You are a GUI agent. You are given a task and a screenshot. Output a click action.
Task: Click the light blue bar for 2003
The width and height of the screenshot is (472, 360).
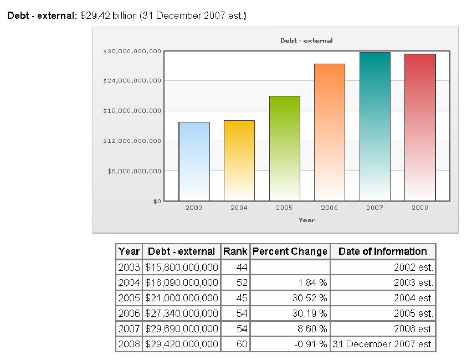click(194, 161)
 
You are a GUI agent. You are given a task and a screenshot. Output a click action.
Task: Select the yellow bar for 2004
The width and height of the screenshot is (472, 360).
click(239, 160)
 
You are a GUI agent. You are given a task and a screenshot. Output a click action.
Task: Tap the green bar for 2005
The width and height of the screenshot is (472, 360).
click(285, 148)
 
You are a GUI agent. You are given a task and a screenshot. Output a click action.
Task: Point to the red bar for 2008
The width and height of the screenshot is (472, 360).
click(420, 127)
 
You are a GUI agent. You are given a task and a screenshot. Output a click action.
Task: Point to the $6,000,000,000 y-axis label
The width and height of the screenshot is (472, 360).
click(134, 171)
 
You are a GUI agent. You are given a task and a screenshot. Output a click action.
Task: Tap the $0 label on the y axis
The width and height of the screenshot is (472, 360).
click(157, 201)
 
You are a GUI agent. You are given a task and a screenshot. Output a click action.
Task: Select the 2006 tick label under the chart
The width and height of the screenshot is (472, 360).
click(330, 208)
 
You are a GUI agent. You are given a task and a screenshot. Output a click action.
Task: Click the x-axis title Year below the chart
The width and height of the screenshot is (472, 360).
click(306, 220)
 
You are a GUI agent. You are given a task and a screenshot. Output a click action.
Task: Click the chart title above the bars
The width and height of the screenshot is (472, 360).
click(306, 40)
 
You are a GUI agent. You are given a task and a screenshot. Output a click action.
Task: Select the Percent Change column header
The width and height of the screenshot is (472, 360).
click(290, 251)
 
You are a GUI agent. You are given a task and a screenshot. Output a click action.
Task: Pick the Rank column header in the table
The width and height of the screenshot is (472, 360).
click(235, 251)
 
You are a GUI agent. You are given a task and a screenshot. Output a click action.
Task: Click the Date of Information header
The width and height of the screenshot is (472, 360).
click(383, 251)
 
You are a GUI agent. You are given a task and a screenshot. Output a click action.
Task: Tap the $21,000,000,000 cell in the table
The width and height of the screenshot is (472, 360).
click(182, 298)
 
